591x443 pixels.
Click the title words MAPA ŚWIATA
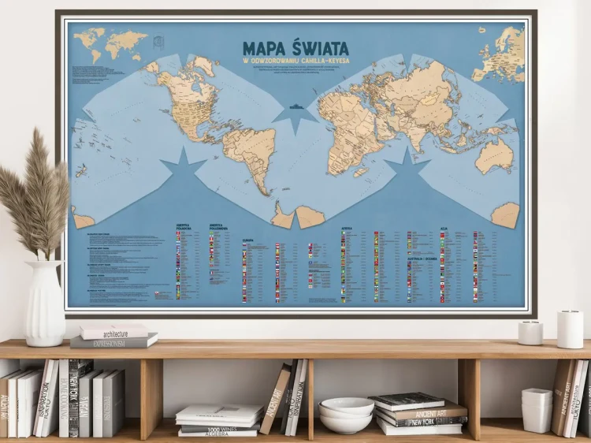[295, 49]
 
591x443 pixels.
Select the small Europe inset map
[499, 54]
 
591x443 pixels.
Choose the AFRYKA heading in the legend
[347, 229]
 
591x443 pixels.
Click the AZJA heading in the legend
[444, 229]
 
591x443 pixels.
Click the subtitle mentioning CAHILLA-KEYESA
[295, 61]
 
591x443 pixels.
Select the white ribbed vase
[45, 303]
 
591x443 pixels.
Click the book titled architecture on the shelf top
[113, 332]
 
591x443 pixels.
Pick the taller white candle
[570, 328]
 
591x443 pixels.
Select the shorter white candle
[530, 333]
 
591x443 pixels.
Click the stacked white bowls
[346, 417]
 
